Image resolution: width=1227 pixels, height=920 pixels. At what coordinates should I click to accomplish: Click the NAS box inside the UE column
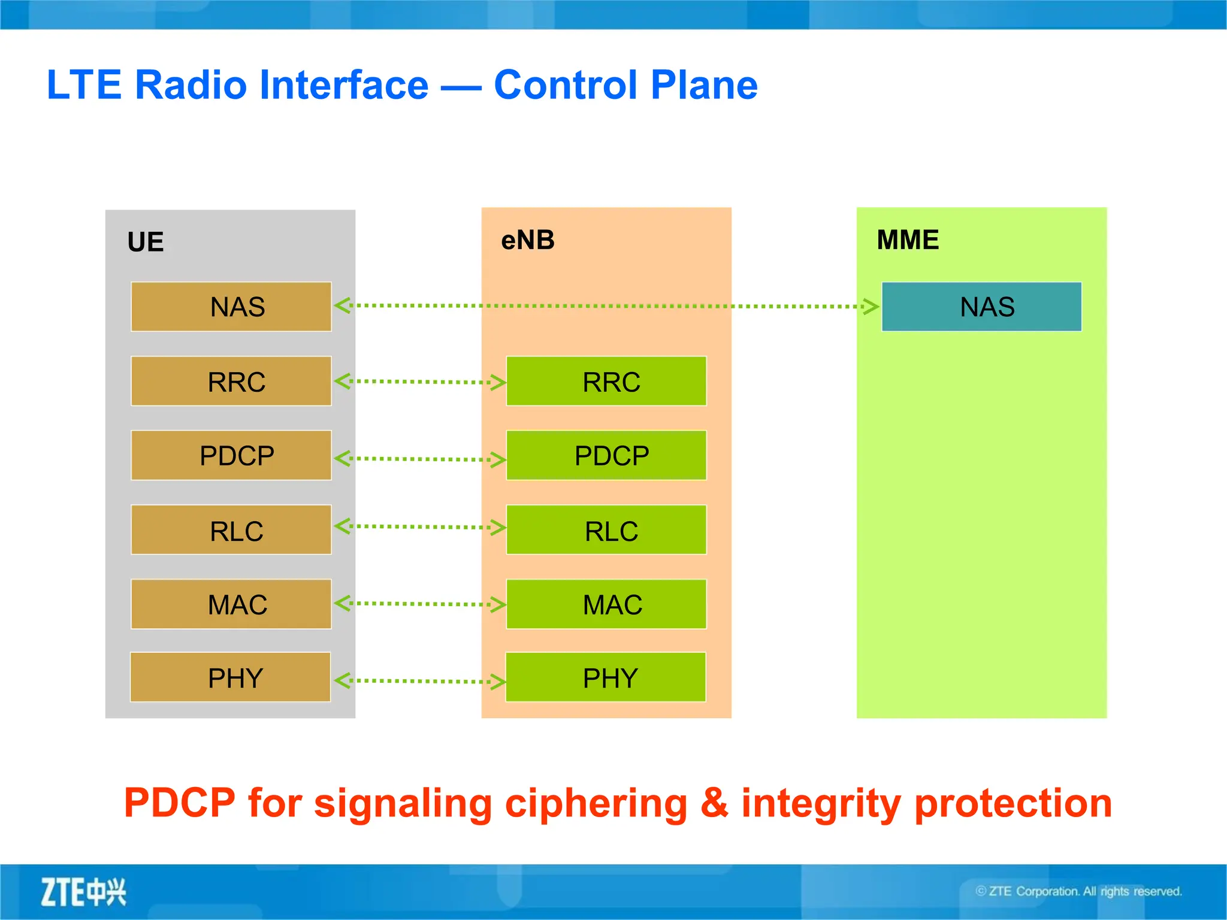click(x=231, y=307)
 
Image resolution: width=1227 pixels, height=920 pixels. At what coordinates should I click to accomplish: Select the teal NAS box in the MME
click(x=981, y=307)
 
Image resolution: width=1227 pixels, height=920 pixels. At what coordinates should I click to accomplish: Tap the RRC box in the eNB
click(x=606, y=382)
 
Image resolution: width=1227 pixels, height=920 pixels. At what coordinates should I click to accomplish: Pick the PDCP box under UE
click(x=231, y=455)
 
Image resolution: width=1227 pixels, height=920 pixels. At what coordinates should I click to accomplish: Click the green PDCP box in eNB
click(x=606, y=455)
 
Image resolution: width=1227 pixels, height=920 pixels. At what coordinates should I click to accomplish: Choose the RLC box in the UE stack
click(x=231, y=530)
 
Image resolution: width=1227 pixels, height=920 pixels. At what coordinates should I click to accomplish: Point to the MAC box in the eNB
click(x=606, y=604)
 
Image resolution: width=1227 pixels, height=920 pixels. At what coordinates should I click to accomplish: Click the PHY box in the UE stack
click(x=231, y=677)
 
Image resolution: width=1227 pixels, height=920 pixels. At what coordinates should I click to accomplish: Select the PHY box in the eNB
click(x=605, y=677)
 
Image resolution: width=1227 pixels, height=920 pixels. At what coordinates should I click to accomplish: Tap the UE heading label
click(x=146, y=242)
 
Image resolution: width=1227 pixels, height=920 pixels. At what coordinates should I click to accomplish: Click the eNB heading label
click(x=528, y=240)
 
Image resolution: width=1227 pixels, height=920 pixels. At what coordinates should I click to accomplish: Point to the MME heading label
click(x=908, y=240)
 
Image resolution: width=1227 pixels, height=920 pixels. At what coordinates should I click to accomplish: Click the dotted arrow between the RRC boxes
click(x=419, y=382)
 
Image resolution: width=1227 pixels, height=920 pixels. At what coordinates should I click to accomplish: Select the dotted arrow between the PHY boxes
click(x=419, y=681)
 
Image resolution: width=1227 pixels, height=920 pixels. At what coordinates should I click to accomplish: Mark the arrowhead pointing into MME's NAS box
click(x=871, y=307)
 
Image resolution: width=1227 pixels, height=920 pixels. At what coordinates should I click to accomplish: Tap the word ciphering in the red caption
click(x=596, y=803)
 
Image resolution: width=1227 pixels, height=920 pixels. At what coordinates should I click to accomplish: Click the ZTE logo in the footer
click(x=83, y=892)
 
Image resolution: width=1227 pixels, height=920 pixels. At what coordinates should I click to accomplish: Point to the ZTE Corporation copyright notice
click(x=1078, y=891)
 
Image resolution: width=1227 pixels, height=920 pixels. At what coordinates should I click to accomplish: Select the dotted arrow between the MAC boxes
click(x=419, y=604)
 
